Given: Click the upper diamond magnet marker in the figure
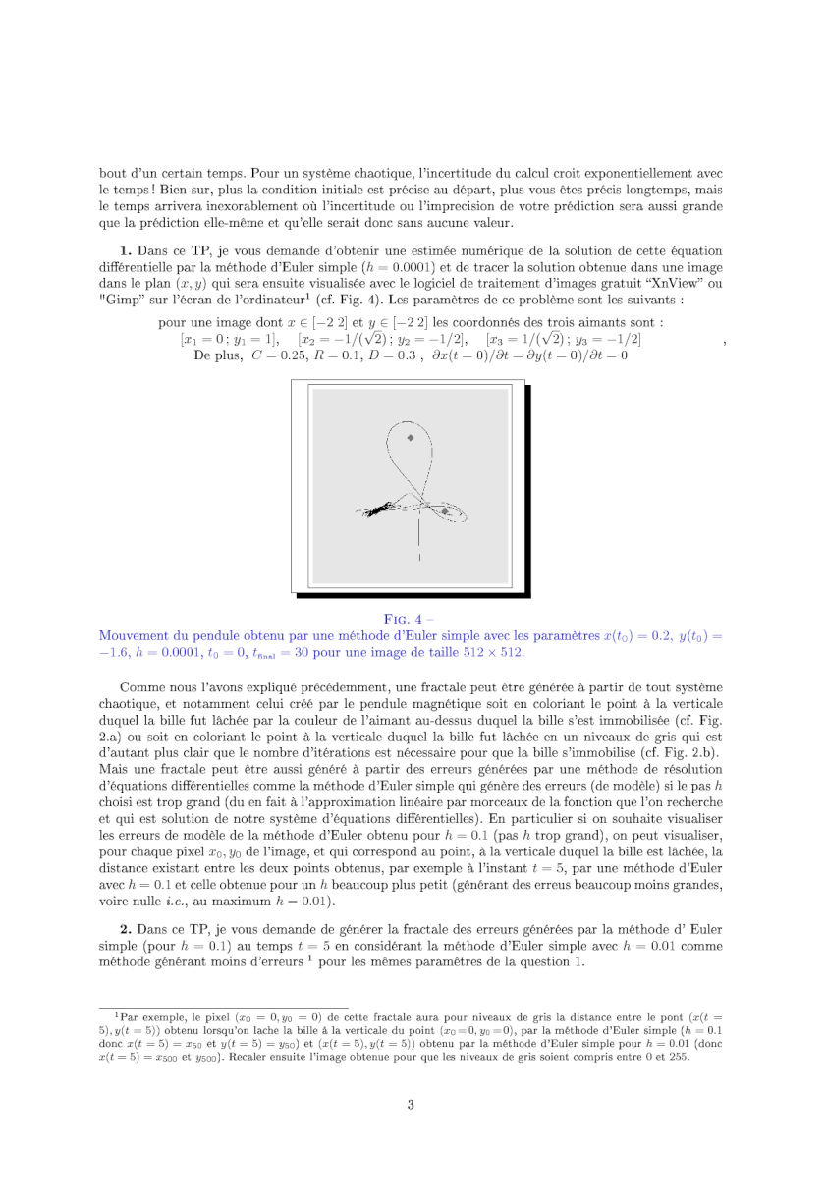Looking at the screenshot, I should coord(411,437).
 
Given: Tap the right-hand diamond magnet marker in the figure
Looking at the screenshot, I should coord(445,511).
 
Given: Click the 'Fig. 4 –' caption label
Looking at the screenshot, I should coord(411,618).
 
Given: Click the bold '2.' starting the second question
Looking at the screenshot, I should coord(126,930).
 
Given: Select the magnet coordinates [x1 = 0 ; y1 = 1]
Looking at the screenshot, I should coord(230,339).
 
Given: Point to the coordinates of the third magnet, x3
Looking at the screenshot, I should coord(530,339).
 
